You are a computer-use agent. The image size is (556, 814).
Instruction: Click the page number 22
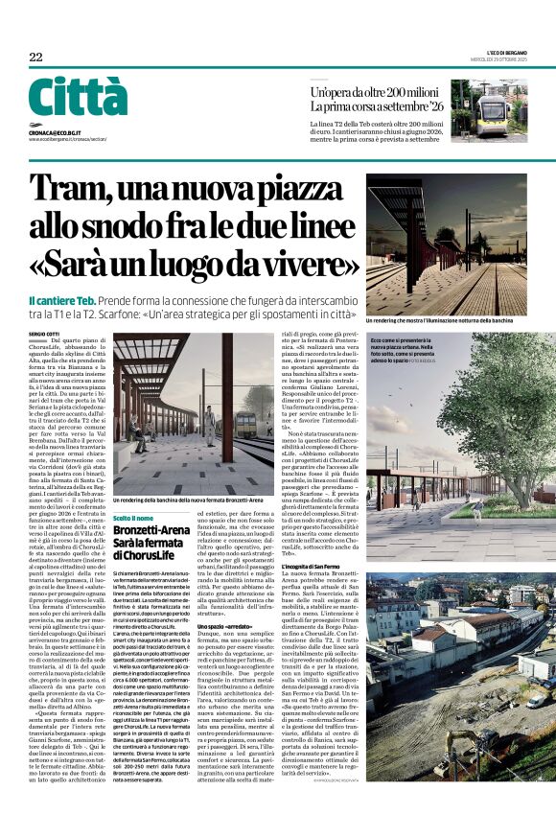click(35, 57)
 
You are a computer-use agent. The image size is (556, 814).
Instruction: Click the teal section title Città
click(77, 97)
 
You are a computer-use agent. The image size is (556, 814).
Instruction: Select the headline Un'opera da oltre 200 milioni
click(377, 92)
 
